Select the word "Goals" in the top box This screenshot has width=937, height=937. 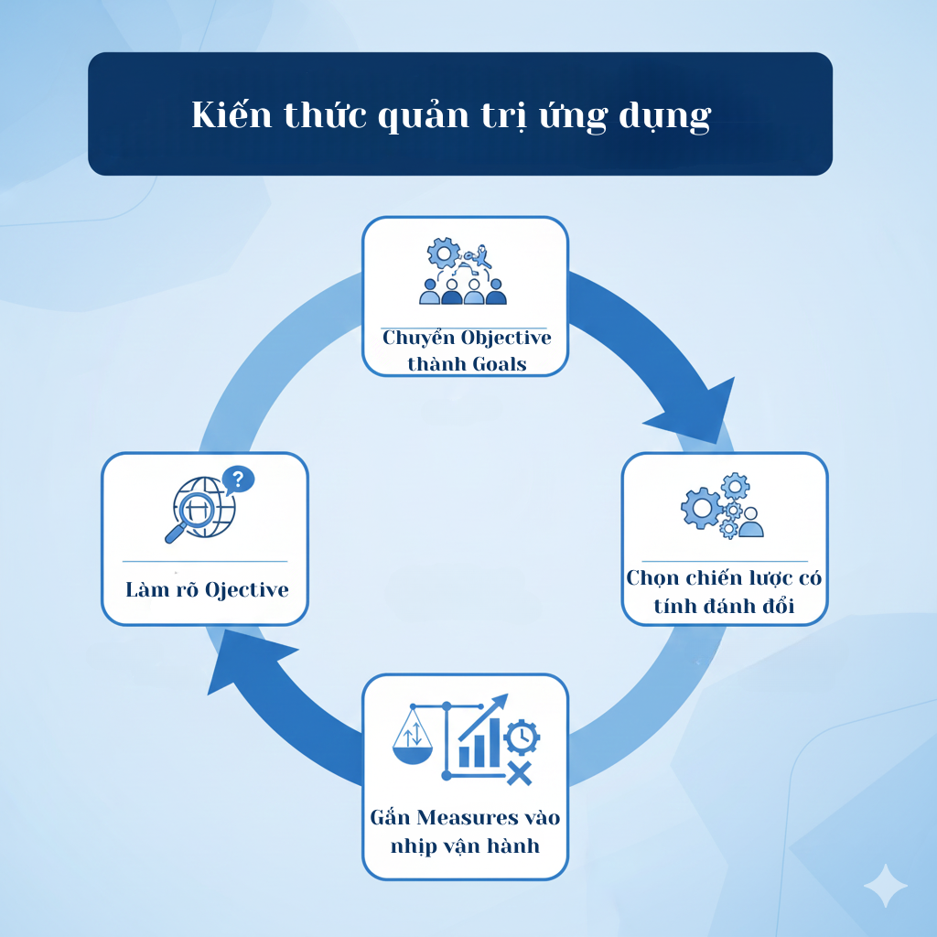tap(500, 363)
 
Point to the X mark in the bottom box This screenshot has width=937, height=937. tap(519, 773)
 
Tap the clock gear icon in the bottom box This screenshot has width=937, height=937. tap(522, 736)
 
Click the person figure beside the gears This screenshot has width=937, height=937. tap(751, 522)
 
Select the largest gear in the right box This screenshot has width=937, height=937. tap(702, 508)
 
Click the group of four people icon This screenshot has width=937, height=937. tap(462, 291)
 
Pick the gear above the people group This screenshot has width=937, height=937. tap(444, 252)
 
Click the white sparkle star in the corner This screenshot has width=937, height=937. tap(885, 885)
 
